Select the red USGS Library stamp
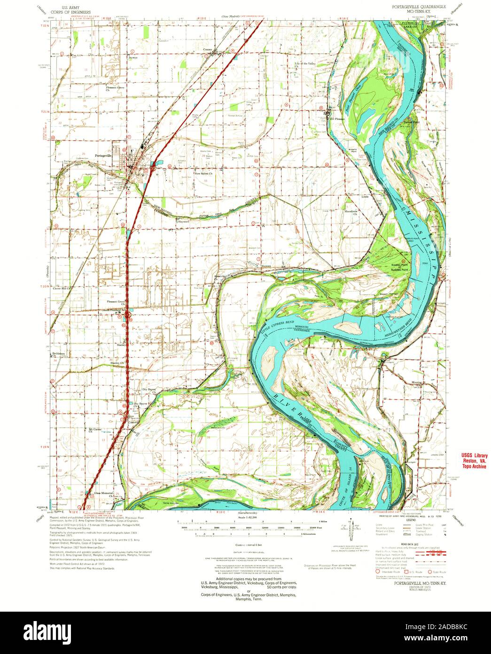(x=473, y=461)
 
